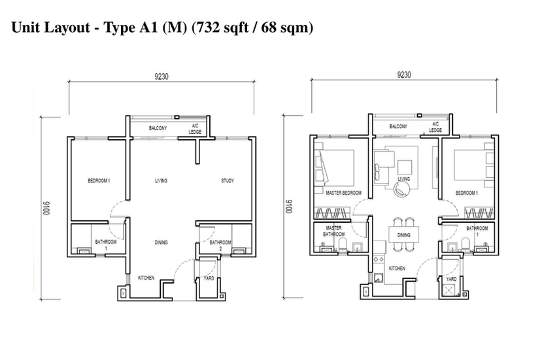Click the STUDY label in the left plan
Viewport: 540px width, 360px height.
point(228,180)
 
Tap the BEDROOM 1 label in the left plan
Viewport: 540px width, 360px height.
point(99,180)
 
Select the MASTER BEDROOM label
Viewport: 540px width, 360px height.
point(344,193)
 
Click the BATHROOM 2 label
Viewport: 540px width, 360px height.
point(220,245)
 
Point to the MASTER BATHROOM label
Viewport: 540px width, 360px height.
point(333,231)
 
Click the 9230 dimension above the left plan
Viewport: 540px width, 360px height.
point(161,76)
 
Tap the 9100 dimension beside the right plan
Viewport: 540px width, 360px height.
point(288,206)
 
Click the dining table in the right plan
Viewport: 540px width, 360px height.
point(404,235)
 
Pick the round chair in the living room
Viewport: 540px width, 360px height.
point(401,189)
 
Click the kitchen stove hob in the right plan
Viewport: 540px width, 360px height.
point(379,259)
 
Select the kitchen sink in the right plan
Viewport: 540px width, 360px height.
point(379,278)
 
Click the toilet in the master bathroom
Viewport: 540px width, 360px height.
point(343,246)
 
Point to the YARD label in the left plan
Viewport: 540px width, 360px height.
point(209,278)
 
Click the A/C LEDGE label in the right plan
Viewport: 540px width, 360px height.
point(435,127)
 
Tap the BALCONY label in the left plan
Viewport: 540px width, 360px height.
point(158,128)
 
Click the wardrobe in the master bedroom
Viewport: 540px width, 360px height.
point(332,213)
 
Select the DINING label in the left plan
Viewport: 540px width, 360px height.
point(161,242)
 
